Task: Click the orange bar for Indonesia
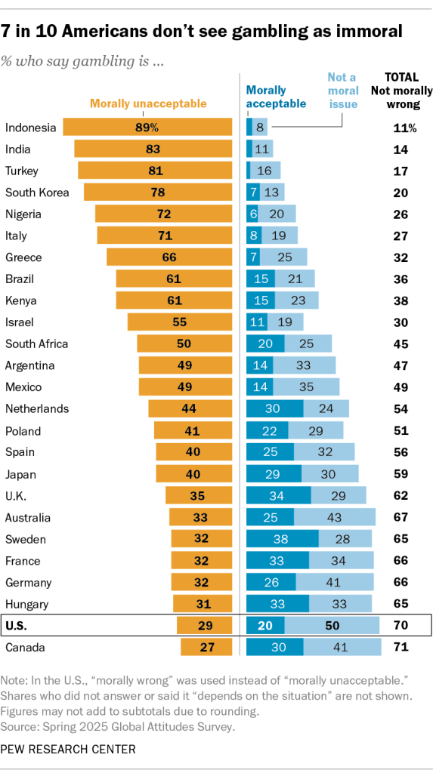147,127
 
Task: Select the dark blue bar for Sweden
282,539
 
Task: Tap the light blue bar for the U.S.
332,626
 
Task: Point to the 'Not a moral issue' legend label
342,90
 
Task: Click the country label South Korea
37,192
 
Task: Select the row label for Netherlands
37,408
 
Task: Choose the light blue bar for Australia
334,517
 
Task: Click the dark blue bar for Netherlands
275,408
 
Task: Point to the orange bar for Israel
180,322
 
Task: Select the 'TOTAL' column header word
403,76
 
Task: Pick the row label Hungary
28,604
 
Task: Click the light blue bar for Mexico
306,387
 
